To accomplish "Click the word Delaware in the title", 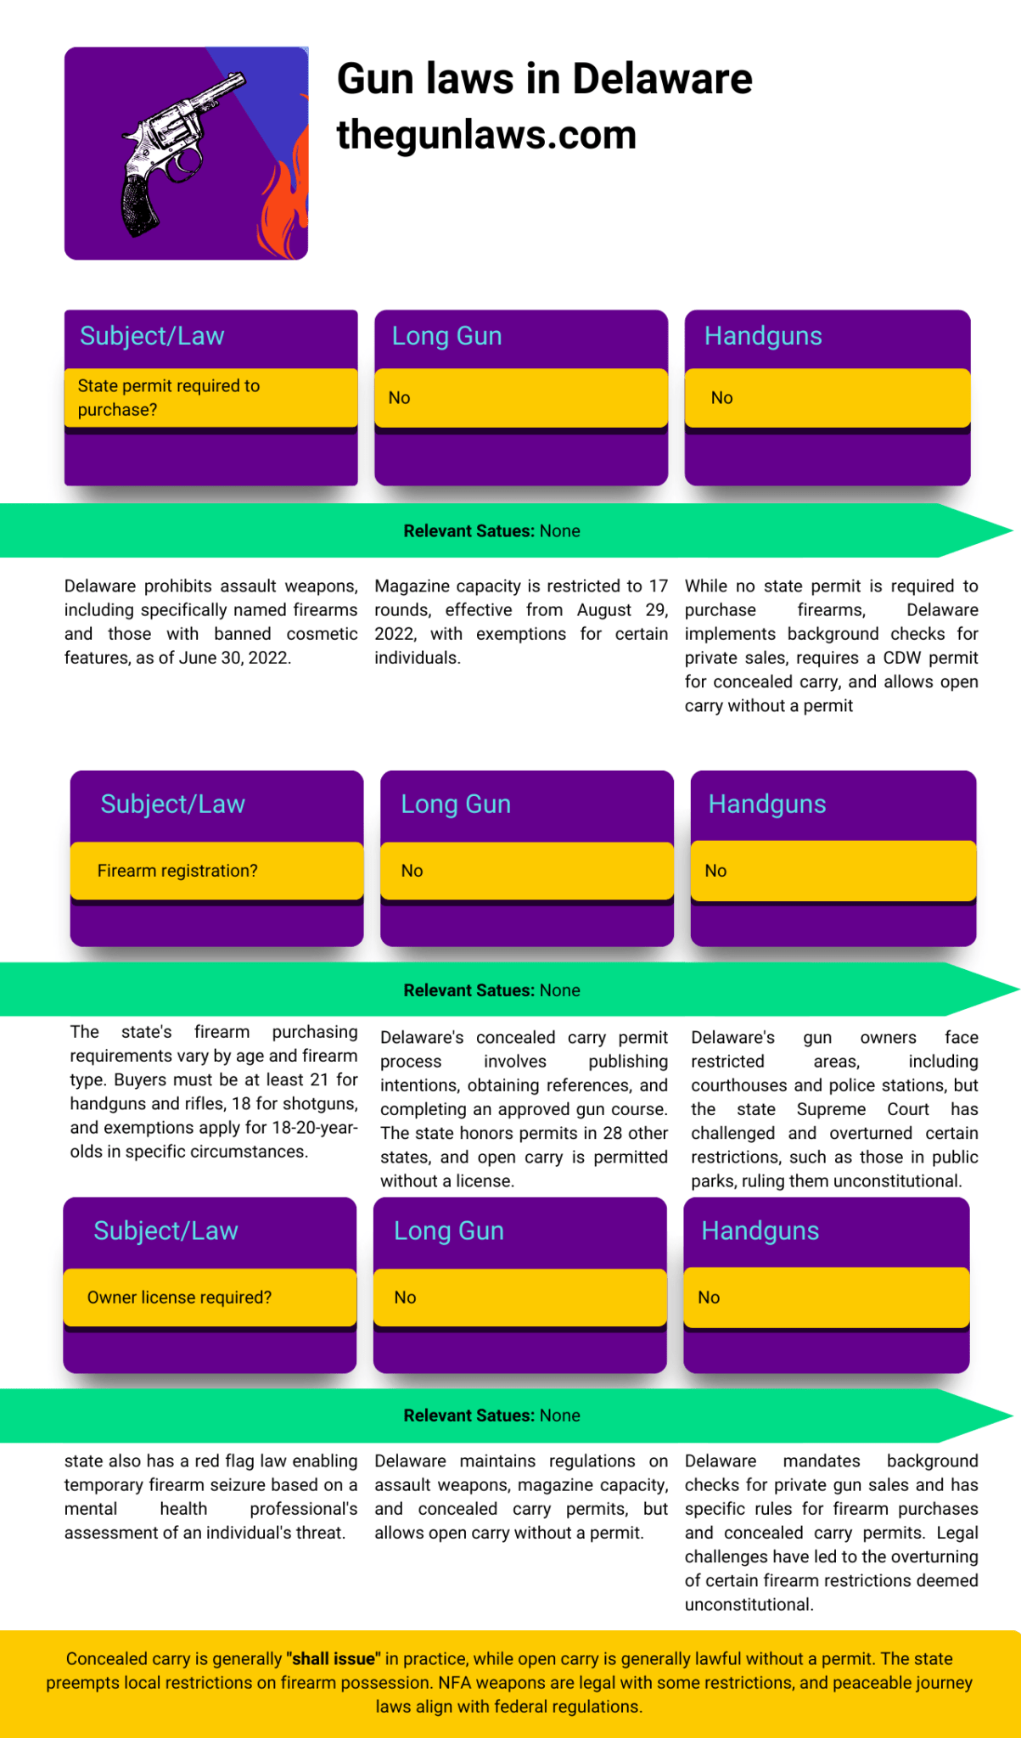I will (x=662, y=79).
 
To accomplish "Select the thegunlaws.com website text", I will (x=486, y=135).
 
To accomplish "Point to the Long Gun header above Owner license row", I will (x=449, y=1231).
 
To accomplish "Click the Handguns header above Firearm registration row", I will (x=767, y=804).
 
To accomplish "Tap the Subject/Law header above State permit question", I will (x=152, y=336).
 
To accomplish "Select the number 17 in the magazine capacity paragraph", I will (x=659, y=586).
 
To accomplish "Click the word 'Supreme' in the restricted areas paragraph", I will (x=831, y=1109).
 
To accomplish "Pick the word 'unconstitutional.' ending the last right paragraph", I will (x=749, y=1605).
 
